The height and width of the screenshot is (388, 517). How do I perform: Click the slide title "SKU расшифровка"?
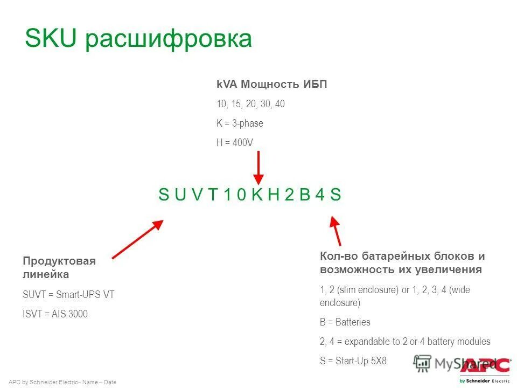click(x=138, y=39)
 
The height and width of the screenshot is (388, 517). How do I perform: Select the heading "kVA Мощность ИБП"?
click(x=271, y=84)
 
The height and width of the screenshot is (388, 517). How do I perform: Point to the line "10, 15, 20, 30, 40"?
click(x=250, y=104)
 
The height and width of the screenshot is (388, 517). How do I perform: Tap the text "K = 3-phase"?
click(x=240, y=123)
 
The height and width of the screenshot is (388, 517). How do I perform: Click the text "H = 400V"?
click(x=235, y=143)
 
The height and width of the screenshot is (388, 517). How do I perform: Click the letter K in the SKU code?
click(x=258, y=195)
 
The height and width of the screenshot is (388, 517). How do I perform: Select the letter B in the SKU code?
click(x=305, y=195)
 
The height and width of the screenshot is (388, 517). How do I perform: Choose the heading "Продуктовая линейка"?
click(x=59, y=268)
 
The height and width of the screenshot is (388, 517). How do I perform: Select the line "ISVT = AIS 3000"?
click(x=55, y=314)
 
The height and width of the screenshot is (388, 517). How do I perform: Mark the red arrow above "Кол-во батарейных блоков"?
click(x=336, y=231)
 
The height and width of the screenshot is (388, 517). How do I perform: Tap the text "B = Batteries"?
click(x=345, y=322)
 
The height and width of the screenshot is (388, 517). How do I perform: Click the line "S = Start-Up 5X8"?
click(x=353, y=361)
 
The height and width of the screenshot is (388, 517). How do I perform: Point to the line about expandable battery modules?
click(x=405, y=342)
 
